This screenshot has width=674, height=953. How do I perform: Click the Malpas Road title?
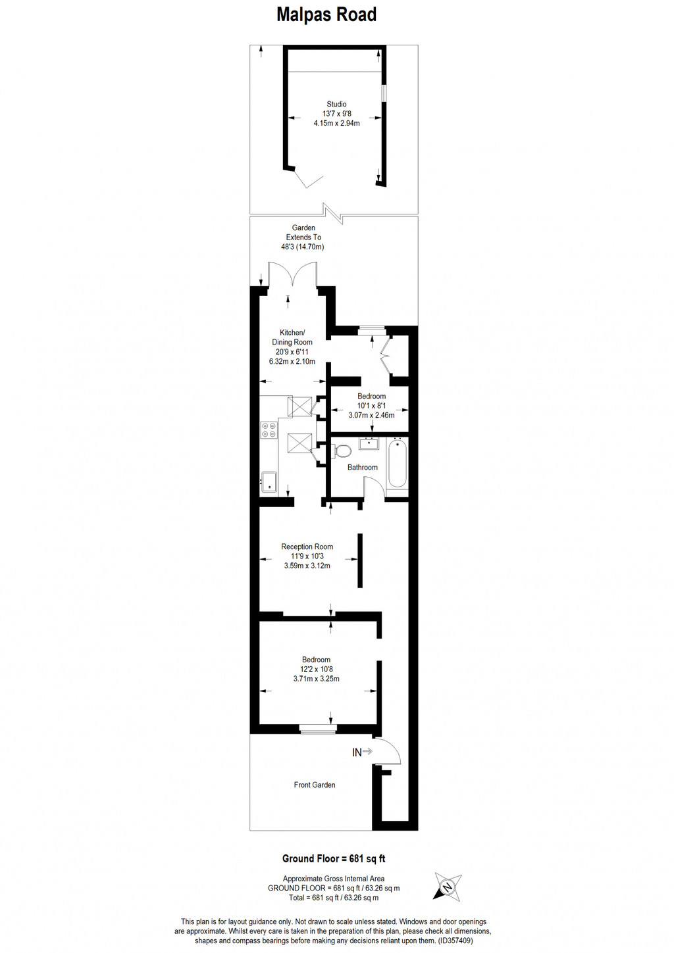coord(326,15)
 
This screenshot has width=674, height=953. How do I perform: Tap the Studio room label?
coord(336,104)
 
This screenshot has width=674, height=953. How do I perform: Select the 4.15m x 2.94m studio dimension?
coord(336,123)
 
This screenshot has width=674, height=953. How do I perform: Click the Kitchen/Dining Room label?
coord(292,337)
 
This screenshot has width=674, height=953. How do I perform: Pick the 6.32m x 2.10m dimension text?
coord(292,361)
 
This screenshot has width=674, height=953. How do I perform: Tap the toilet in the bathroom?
coord(342,452)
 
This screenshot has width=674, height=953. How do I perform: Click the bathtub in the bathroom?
coord(398,464)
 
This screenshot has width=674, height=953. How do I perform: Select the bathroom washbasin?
coord(369,443)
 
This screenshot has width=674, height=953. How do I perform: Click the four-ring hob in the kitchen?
coord(269,430)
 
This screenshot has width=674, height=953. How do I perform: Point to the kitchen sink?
coord(269,481)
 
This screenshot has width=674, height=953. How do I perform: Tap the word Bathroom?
coord(363,468)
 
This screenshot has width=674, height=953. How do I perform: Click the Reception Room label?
coord(307,547)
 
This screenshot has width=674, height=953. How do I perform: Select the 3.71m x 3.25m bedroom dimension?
coord(317,679)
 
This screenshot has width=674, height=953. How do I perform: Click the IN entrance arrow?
coord(362,752)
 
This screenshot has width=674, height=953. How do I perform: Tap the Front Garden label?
coord(315,785)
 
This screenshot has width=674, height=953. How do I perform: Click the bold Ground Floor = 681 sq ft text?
coord(334,858)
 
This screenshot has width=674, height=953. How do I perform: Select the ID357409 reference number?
coord(455,941)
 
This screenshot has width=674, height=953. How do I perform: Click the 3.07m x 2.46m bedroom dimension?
coord(371,415)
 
